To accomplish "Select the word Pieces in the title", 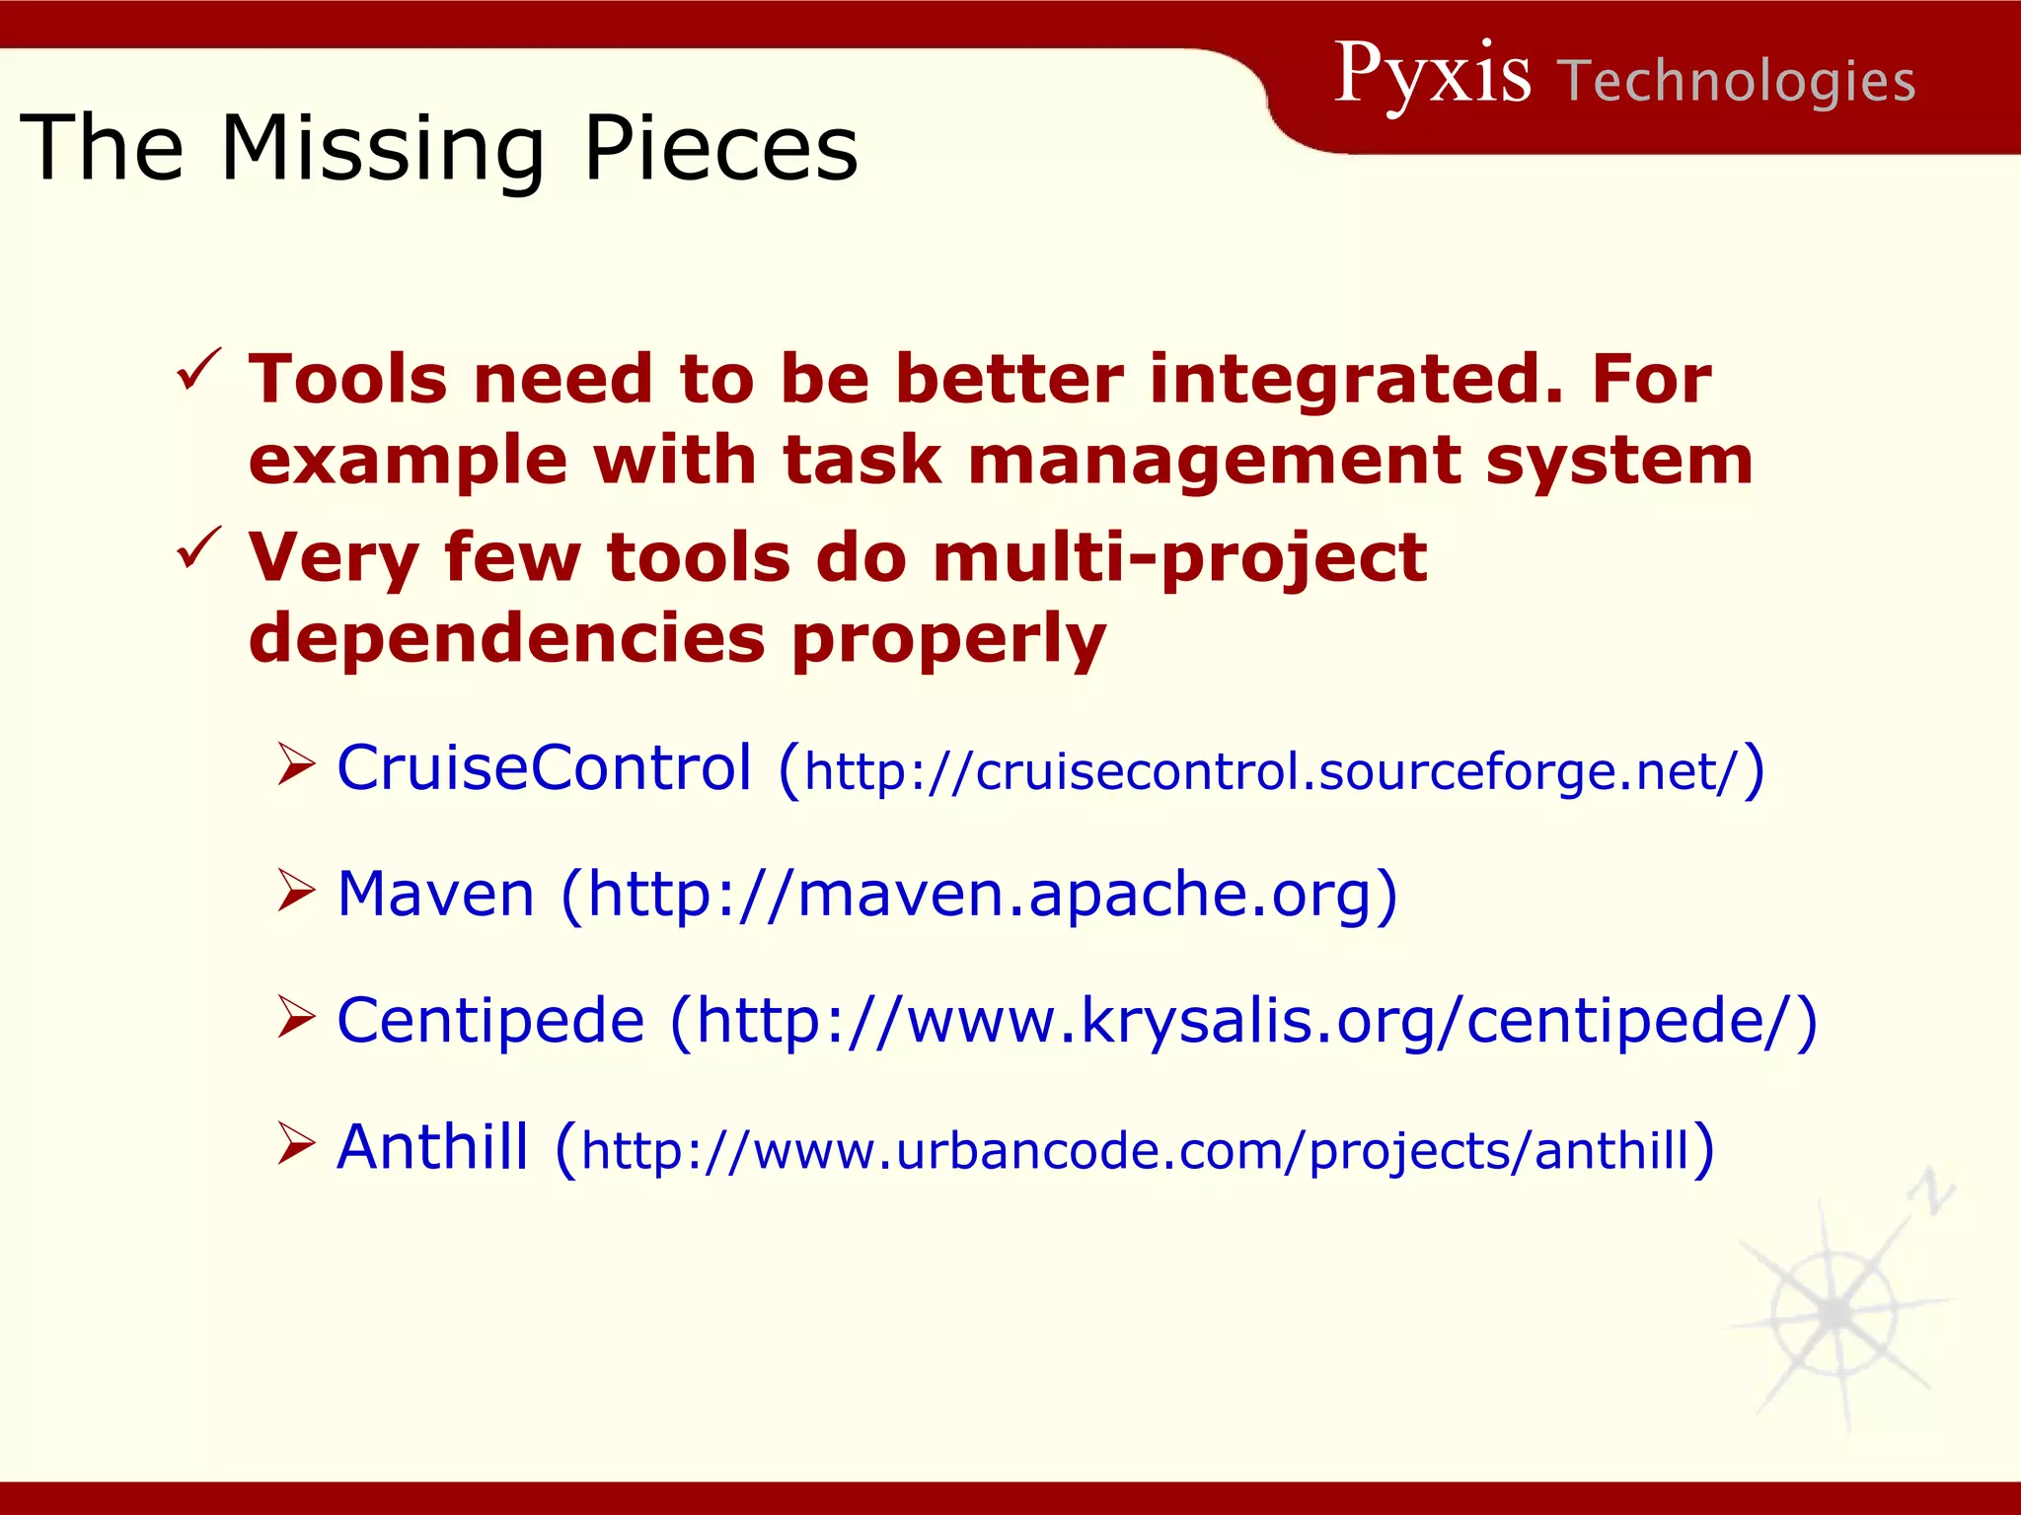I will (x=720, y=150).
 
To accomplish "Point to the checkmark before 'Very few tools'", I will (x=198, y=550).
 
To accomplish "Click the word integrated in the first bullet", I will (x=1356, y=380).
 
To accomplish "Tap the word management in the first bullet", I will (x=1214, y=461).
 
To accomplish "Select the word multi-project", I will (x=1179, y=559).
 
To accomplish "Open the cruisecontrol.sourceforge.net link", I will (x=1271, y=771).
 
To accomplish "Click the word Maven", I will (x=435, y=894).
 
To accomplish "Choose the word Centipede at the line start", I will (x=490, y=1020).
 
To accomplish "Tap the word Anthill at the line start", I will (x=432, y=1147).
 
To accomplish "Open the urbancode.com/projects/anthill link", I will (x=1135, y=1151).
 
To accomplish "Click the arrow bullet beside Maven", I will (x=295, y=891).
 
